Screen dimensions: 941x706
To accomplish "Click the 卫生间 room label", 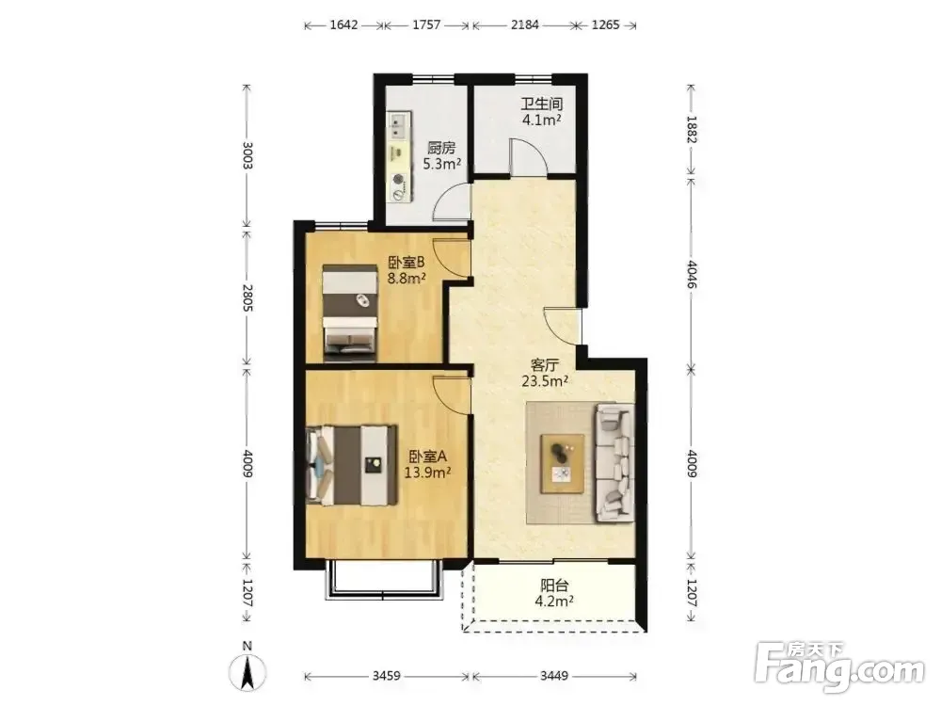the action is pos(541,104).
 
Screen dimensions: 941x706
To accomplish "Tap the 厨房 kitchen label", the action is pos(441,148).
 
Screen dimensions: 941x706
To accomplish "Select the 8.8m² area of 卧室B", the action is pos(407,278).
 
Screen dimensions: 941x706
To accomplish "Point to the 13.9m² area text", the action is pos(427,473).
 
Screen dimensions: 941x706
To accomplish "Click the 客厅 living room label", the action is pos(545,365).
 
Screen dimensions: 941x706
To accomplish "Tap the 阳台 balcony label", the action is pos(554,586).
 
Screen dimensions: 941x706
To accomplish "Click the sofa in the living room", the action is pos(614,461).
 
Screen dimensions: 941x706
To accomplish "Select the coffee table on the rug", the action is pos(563,464).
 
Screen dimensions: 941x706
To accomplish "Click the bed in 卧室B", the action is pos(350,313).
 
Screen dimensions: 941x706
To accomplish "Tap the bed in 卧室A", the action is pos(352,465).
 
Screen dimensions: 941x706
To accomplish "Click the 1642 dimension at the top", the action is pos(343,24).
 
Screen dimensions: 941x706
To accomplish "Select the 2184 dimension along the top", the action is pos(524,24).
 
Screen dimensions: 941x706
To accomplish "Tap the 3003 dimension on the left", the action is pos(247,156).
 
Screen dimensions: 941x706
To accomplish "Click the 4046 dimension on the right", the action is pos(692,274).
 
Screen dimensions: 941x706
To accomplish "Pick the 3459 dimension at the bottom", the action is pos(386,676).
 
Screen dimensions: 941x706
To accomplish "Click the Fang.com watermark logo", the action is pos(839,666).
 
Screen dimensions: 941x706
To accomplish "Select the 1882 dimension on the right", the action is pos(692,130).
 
